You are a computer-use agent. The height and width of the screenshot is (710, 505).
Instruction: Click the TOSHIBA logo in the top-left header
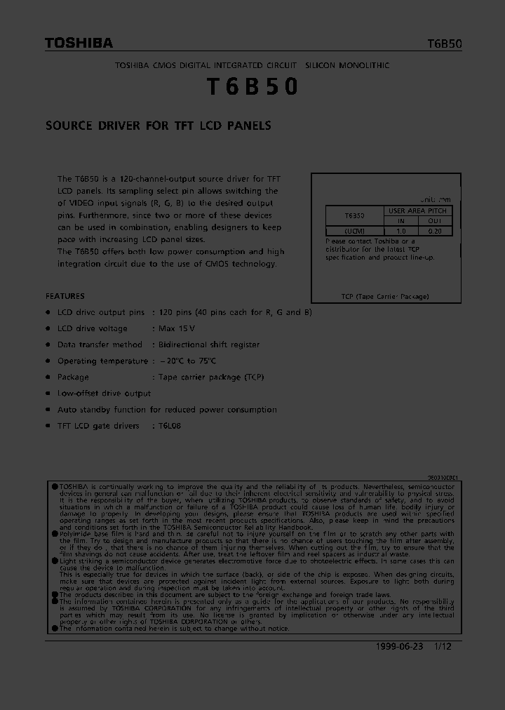[x=79, y=43]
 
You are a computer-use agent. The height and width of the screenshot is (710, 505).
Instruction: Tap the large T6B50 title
[x=252, y=86]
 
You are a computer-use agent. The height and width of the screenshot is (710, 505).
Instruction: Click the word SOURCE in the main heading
[x=69, y=126]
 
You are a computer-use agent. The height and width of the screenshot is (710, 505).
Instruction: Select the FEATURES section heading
[x=65, y=296]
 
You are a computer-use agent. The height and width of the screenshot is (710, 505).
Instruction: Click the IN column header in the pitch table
[x=401, y=220]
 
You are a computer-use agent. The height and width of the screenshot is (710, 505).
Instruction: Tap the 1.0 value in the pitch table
[x=401, y=230]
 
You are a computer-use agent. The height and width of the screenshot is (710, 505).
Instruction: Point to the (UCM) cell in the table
[x=354, y=230]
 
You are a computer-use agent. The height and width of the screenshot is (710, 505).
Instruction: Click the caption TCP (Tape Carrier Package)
[x=384, y=297]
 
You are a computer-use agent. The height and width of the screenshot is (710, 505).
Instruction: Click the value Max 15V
[x=177, y=328]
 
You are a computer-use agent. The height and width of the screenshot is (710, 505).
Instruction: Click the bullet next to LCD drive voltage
[x=48, y=328]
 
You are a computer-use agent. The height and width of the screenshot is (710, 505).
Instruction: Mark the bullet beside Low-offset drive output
[x=48, y=394]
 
